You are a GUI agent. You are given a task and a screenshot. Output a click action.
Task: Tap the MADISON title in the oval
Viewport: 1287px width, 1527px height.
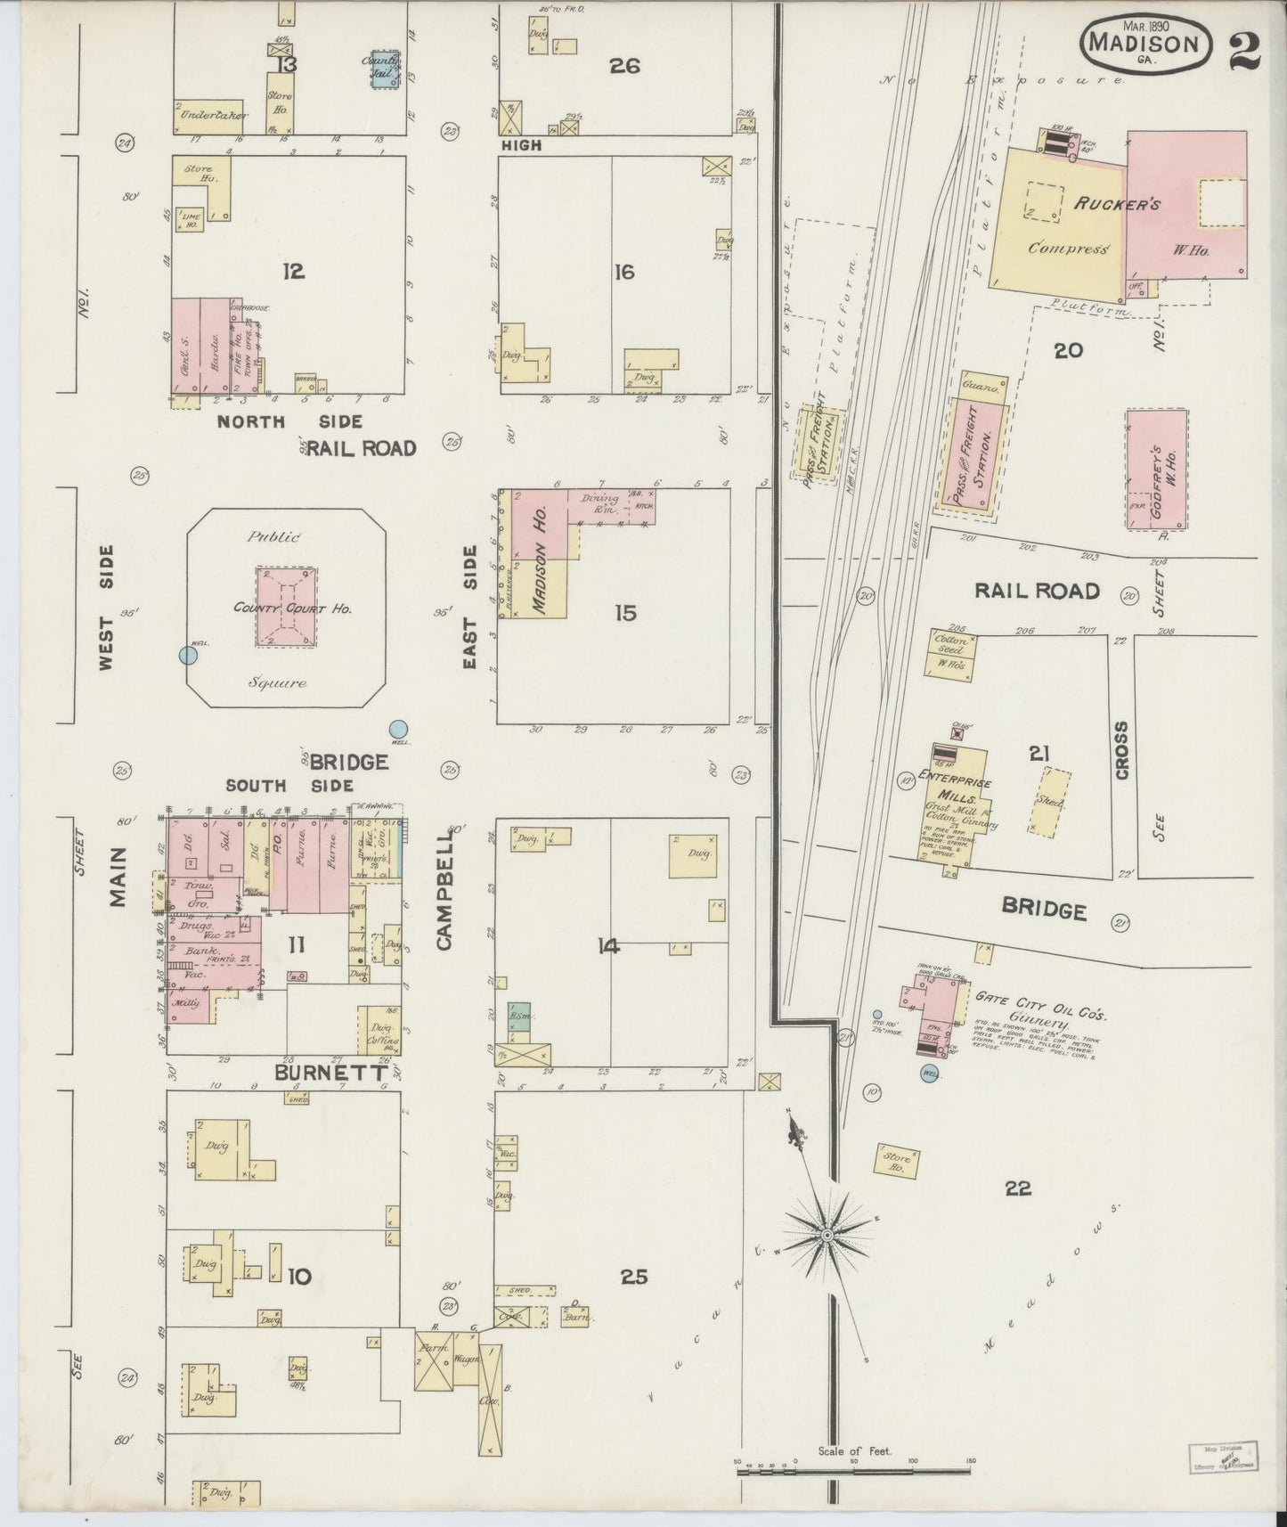[1144, 41]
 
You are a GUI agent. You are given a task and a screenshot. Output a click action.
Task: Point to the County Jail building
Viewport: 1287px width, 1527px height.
[385, 69]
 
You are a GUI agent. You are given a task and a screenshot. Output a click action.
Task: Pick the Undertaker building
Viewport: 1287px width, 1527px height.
[208, 116]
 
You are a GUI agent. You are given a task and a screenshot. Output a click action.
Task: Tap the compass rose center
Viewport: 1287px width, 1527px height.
[827, 1235]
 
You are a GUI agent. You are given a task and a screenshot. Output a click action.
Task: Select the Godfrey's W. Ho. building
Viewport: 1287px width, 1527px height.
[1156, 470]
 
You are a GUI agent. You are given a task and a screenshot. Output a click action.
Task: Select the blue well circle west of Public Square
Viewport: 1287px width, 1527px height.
[188, 655]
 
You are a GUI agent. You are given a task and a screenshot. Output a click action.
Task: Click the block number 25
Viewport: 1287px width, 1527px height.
[633, 1277]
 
